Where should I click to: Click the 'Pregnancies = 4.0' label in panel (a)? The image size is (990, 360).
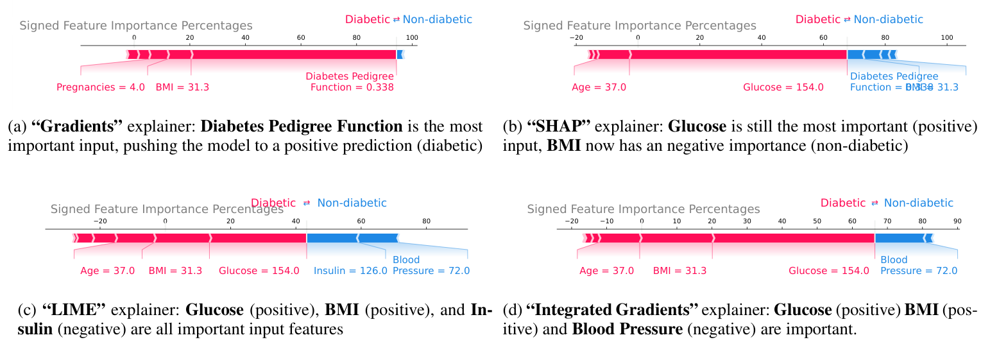101,87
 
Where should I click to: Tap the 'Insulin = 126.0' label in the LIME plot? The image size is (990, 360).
350,271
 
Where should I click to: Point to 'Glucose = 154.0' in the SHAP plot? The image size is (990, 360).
783,87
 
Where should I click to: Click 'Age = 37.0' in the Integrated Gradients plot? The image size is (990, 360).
606,271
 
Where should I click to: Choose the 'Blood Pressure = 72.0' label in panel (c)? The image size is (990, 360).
431,266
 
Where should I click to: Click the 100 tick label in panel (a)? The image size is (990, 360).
412,39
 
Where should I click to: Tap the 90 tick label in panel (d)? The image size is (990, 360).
957,221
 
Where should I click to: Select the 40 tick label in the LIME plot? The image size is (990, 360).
296,221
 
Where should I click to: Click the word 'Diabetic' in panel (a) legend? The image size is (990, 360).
367,19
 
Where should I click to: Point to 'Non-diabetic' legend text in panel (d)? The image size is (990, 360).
918,203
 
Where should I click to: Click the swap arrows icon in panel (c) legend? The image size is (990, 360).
307,203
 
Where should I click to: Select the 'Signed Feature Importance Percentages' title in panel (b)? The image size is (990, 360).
640,26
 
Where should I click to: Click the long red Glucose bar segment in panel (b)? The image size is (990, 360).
738,55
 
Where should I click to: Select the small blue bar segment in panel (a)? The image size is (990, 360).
400,55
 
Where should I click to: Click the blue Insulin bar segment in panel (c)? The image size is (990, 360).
332,238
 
